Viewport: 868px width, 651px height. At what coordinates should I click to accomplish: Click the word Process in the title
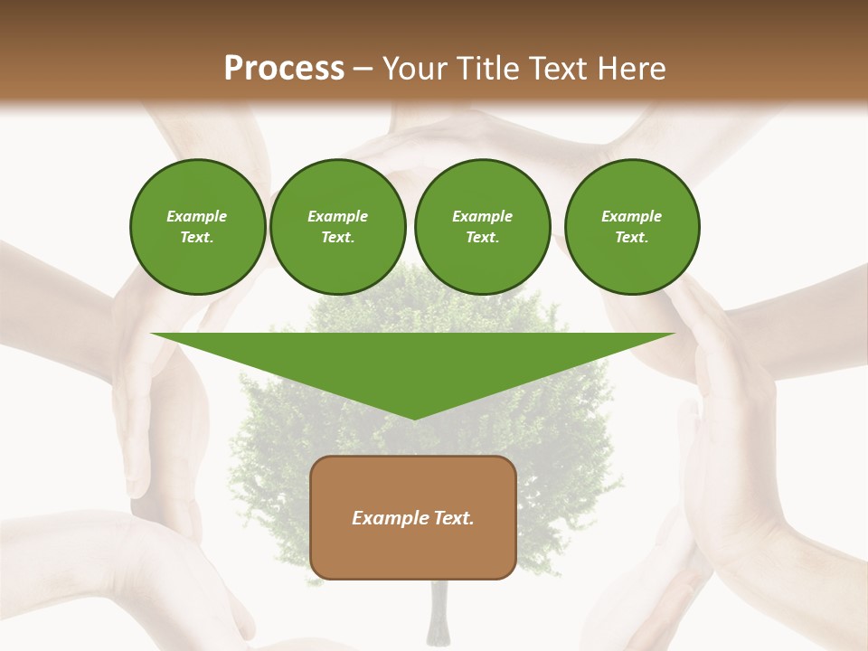[x=284, y=69]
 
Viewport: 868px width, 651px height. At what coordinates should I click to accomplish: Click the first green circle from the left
[x=197, y=227]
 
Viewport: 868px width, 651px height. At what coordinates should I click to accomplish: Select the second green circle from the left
[x=337, y=227]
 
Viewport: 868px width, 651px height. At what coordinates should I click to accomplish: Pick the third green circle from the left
[x=482, y=227]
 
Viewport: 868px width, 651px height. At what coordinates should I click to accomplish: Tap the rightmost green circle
[x=631, y=227]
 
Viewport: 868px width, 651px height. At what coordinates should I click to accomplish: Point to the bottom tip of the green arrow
[x=413, y=418]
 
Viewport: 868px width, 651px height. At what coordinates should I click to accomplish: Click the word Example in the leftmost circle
[x=197, y=216]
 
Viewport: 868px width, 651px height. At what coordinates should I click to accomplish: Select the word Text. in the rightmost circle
[x=631, y=238]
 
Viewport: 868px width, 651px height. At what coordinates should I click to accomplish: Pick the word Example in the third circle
[x=482, y=216]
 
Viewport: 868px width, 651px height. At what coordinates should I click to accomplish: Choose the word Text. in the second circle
[x=337, y=238]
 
